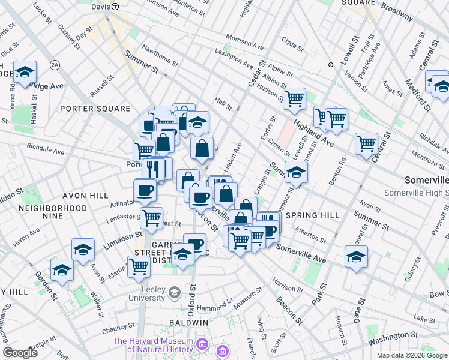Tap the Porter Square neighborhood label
95,109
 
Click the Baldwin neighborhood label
188,322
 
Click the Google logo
20,353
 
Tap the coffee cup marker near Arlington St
144,192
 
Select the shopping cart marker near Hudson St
294,98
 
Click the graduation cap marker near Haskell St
25,72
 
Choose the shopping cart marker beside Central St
366,143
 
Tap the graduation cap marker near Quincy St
357,257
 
